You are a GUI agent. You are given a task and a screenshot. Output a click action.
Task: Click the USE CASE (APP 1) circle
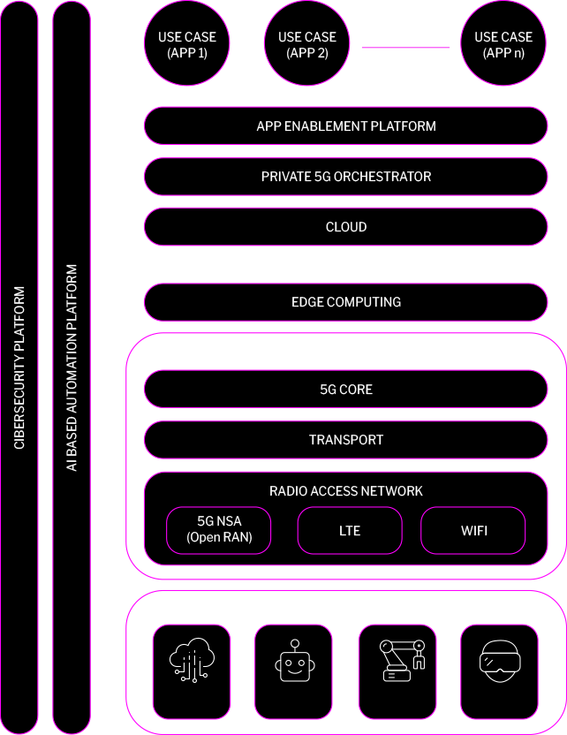(186, 44)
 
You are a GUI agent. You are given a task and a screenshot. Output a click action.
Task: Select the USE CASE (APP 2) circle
(306, 44)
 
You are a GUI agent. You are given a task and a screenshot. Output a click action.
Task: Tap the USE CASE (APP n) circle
(503, 44)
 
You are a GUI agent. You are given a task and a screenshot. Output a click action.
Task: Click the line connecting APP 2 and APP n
(405, 48)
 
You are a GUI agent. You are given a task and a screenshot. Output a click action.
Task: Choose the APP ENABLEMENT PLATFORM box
(346, 126)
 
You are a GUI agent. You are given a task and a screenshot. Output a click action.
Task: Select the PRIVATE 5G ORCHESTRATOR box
(346, 177)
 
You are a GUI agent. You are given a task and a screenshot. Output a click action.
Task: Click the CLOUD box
(346, 227)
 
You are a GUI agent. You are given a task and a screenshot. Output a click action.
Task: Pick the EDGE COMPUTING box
(346, 302)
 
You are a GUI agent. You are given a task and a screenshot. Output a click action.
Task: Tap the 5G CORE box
(346, 390)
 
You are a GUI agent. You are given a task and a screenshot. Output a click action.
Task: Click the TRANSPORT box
(346, 440)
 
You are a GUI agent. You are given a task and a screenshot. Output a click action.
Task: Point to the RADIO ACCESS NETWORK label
(346, 491)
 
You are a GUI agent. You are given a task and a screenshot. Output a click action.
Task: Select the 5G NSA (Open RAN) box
(219, 531)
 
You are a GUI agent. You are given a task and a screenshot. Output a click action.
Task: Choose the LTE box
(350, 531)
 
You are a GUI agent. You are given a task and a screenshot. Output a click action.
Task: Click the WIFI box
(473, 531)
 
